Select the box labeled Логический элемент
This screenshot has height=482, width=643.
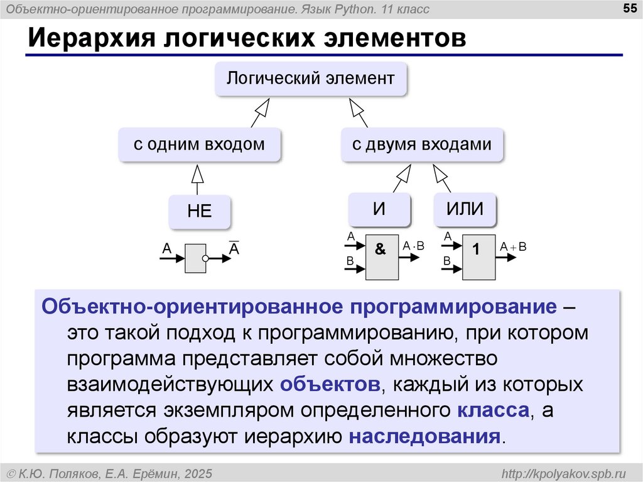pyautogui.click(x=311, y=79)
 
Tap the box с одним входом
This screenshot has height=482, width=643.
pyautogui.click(x=199, y=145)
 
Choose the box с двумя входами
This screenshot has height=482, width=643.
pyautogui.click(x=422, y=145)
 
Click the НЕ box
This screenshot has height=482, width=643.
pyautogui.click(x=200, y=212)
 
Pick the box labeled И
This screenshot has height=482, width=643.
pyautogui.click(x=379, y=209)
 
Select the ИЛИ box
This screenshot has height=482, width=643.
pyautogui.click(x=465, y=209)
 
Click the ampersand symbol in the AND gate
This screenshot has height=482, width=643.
pyautogui.click(x=381, y=249)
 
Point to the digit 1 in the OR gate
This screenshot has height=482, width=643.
pyautogui.click(x=476, y=249)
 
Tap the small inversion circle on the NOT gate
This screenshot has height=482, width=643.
pyautogui.click(x=205, y=258)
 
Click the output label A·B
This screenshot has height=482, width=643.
pyautogui.click(x=414, y=246)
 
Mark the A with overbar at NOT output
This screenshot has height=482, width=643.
pyautogui.click(x=234, y=249)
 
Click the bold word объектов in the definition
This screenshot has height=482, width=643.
pyautogui.click(x=330, y=384)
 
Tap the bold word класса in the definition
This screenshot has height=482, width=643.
pyautogui.click(x=492, y=410)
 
